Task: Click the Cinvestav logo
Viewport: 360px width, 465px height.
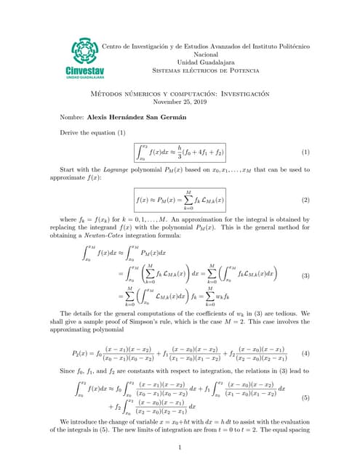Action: click(90, 58)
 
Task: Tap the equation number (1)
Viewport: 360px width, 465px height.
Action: click(305, 152)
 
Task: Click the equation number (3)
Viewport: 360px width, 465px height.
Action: click(305, 276)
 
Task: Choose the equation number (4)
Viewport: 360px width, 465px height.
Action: click(305, 353)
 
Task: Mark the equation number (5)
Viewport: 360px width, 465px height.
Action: click(305, 398)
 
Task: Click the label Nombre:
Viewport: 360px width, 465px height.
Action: click(72, 117)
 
